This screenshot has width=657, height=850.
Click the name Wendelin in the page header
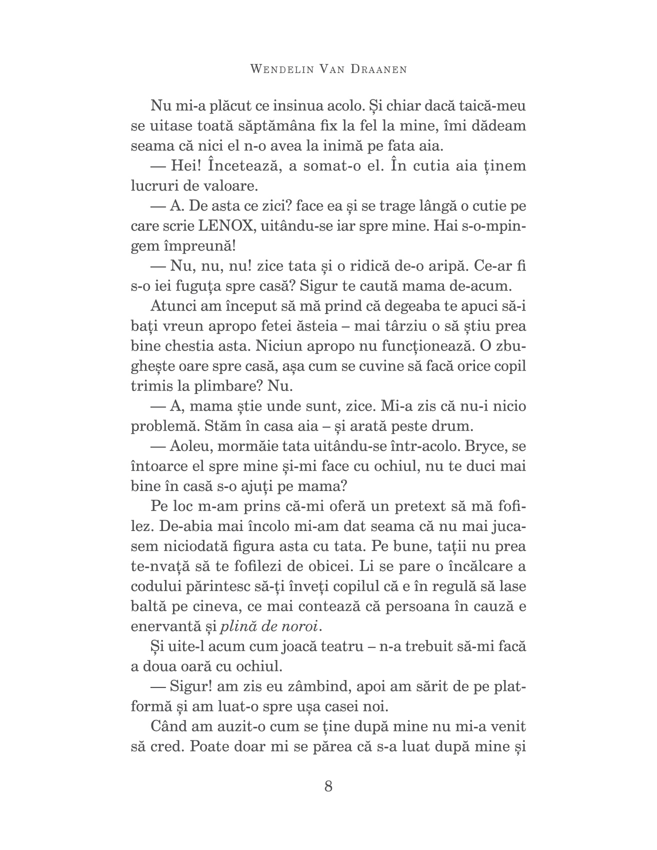click(279, 69)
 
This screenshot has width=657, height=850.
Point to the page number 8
click(328, 786)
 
